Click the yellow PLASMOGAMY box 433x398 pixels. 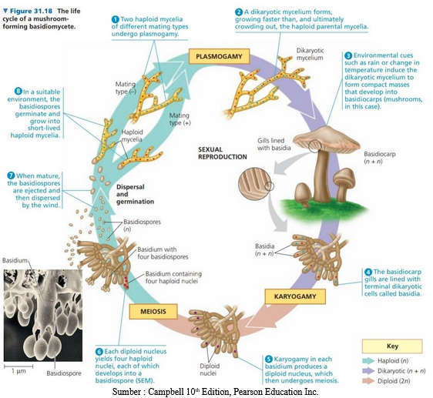pyautogui.click(x=219, y=56)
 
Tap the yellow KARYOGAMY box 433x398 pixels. pyautogui.click(x=295, y=296)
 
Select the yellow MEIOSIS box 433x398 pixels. pyautogui.click(x=153, y=311)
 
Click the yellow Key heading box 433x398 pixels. pyautogui.click(x=392, y=346)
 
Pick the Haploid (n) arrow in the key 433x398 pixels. pyautogui.click(x=368, y=361)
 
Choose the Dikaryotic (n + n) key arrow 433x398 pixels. pyautogui.click(x=368, y=371)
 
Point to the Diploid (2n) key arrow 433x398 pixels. pyautogui.click(x=368, y=381)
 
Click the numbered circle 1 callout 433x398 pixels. pyautogui.click(x=116, y=19)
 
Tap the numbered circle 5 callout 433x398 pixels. pyautogui.click(x=269, y=359)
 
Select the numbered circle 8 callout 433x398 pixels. pyautogui.click(x=18, y=92)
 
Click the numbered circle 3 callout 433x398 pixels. pyautogui.click(x=348, y=55)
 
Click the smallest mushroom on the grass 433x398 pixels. pyautogui.click(x=302, y=195)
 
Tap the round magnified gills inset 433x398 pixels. pyautogui.click(x=253, y=183)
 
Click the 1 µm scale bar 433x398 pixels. pyautogui.click(x=18, y=366)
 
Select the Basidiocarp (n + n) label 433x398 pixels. pyautogui.click(x=379, y=157)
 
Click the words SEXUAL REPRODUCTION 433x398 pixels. pyautogui.click(x=223, y=153)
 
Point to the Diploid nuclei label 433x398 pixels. pyautogui.click(x=210, y=370)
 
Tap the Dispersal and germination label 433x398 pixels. pyautogui.click(x=135, y=194)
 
